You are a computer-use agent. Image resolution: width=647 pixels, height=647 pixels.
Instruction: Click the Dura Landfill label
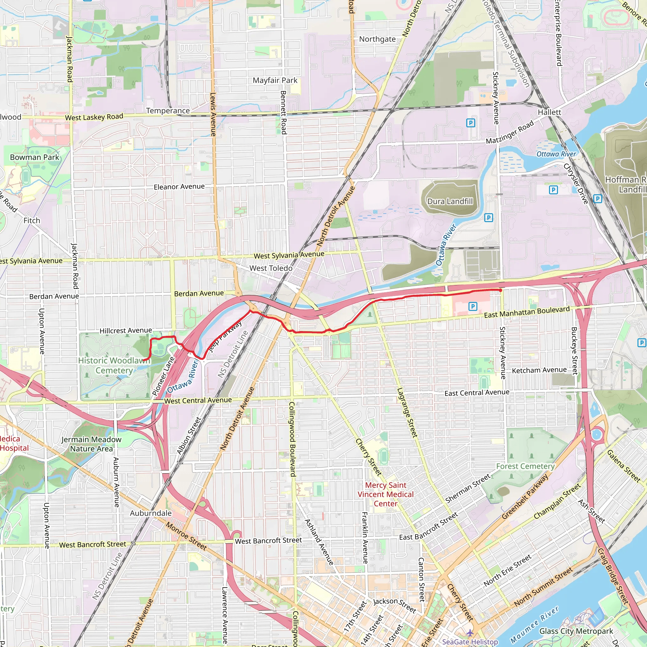coord(450,201)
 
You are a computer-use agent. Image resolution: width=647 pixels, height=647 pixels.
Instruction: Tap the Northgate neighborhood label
coord(377,39)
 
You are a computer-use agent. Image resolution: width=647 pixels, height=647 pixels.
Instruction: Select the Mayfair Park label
coord(275,80)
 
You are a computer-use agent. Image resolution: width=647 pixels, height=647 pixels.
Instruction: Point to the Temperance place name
coord(168,111)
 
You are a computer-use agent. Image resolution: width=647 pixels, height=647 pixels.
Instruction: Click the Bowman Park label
coord(34,157)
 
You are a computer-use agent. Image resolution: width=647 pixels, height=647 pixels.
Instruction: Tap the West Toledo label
coord(271,268)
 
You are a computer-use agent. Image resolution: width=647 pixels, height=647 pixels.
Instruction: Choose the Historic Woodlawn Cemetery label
coord(114,366)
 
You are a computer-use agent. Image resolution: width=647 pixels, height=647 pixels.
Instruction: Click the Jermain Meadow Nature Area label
coord(91,444)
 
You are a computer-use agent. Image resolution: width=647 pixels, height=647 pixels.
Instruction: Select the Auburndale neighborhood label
coord(151,513)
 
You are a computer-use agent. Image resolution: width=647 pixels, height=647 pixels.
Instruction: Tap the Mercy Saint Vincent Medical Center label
coord(385,494)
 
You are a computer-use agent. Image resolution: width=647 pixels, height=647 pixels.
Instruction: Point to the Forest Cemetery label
coord(525,466)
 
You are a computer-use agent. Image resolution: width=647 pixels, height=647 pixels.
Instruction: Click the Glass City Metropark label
coord(576,631)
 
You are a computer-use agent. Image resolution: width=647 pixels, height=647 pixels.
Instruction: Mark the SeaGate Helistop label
coord(470,642)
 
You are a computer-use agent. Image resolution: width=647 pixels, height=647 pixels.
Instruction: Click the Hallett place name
coord(549,112)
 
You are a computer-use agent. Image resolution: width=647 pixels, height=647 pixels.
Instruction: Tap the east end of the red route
coord(500,290)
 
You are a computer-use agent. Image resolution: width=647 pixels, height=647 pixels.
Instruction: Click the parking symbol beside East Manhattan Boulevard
coord(473,306)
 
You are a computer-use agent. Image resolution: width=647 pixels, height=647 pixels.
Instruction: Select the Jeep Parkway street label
coord(225,336)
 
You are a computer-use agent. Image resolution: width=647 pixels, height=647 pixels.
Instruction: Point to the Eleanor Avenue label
coord(179,186)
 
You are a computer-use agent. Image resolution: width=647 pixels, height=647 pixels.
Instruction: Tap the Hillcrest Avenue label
coord(126,330)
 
